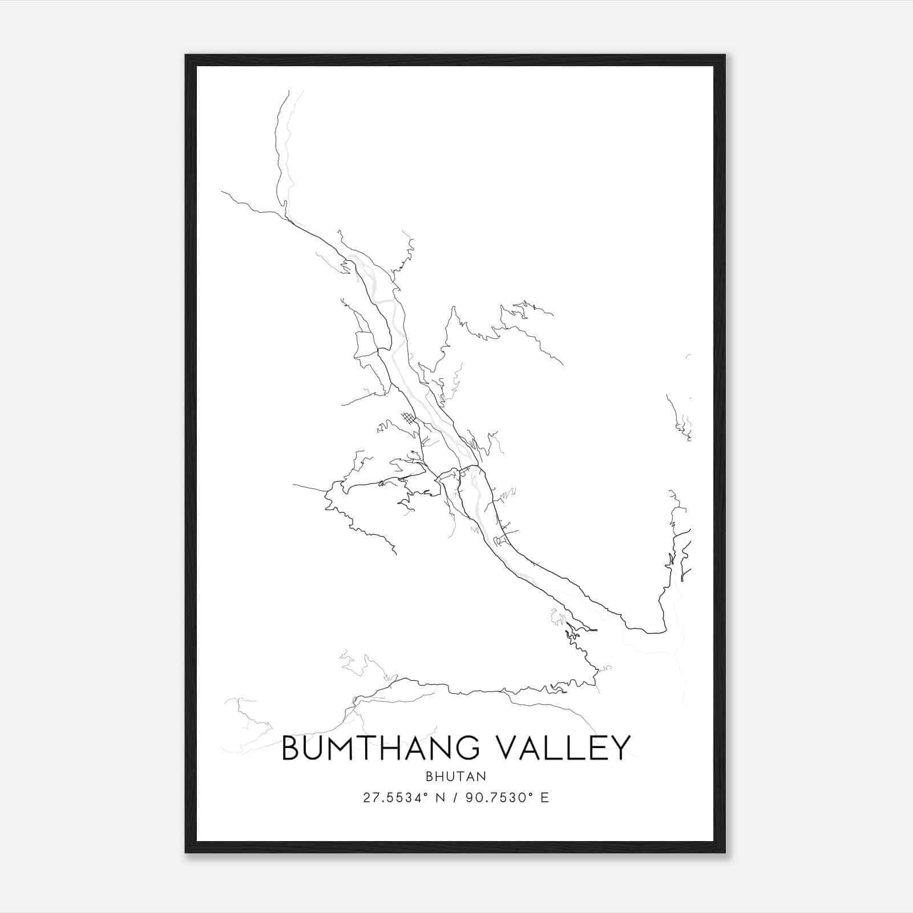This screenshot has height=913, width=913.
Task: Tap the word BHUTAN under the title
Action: point(456,776)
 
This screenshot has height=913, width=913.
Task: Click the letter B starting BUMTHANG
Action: point(292,748)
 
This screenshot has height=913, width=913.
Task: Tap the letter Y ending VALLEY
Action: point(620,748)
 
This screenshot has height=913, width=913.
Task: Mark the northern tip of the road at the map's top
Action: point(289,91)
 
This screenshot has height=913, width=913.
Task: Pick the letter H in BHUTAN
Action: point(440,776)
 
